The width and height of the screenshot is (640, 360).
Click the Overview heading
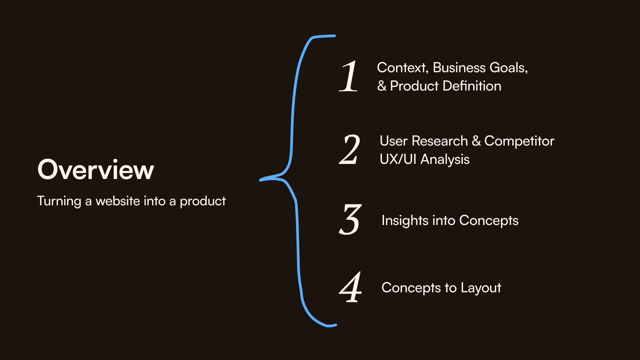[x=96, y=170]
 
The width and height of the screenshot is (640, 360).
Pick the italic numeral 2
[x=350, y=150]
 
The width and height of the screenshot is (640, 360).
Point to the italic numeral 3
[x=350, y=220]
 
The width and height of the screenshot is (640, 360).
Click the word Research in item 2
[x=440, y=141]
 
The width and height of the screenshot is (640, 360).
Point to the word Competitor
[x=519, y=141]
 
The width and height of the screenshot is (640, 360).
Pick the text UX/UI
[x=398, y=160]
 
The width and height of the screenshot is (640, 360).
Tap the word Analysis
[x=445, y=160]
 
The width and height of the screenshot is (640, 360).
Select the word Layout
[x=481, y=288]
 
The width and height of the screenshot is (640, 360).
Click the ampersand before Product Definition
[x=382, y=86]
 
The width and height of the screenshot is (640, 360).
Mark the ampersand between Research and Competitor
[x=476, y=141]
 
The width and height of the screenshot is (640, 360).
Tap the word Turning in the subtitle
[x=59, y=201]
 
